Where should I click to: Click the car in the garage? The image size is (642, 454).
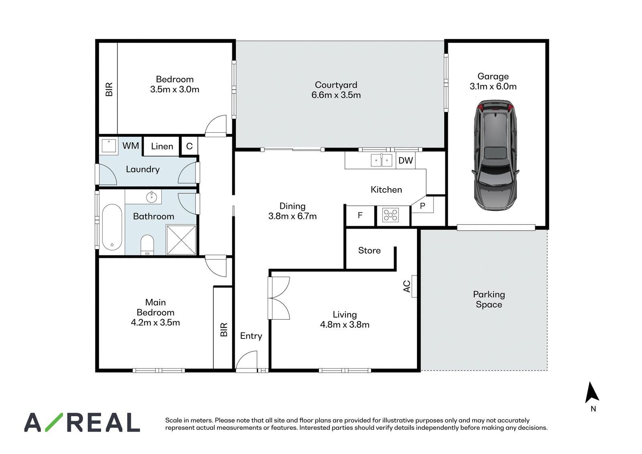[x=496, y=155]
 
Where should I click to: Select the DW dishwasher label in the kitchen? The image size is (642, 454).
[x=406, y=160]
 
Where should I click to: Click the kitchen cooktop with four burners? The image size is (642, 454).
[x=391, y=215]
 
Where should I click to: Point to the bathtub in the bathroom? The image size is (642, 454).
[x=112, y=227]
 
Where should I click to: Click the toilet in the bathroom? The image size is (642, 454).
[x=147, y=245]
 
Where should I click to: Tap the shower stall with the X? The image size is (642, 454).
[x=181, y=240]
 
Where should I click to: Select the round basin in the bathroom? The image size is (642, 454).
[x=151, y=197]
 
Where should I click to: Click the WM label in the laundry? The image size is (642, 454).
[x=131, y=146]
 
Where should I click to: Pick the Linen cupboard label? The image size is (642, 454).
[x=162, y=146]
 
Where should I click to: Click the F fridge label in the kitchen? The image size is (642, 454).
[x=360, y=215]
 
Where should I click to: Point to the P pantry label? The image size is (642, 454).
[x=423, y=206]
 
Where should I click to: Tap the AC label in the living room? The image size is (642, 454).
[x=407, y=286]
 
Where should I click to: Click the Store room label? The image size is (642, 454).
[x=370, y=250]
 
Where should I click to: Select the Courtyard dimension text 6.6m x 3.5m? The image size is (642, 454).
[x=336, y=95]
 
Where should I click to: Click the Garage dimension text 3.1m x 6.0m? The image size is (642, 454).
[x=493, y=86]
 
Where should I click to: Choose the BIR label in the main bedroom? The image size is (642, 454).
[x=223, y=329]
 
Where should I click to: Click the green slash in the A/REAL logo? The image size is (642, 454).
[x=54, y=422]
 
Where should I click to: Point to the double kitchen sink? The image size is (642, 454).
[x=381, y=160]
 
